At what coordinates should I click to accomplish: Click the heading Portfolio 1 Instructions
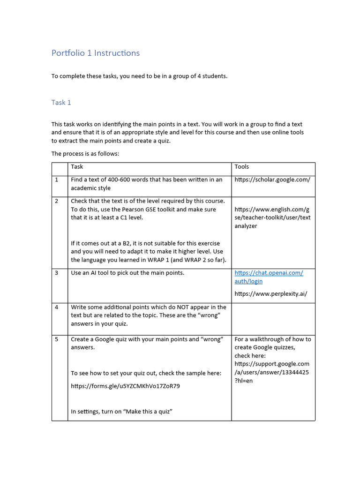[x=96, y=53]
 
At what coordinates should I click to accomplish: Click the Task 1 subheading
[x=61, y=102]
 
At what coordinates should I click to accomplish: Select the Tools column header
[x=242, y=166]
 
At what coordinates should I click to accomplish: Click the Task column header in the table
[x=77, y=166]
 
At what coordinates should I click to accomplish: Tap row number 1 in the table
[x=57, y=180]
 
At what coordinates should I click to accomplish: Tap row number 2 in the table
[x=57, y=201]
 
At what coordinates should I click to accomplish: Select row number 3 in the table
[x=57, y=273]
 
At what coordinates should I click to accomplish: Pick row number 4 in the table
[x=57, y=307]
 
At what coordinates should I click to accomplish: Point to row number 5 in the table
[x=57, y=339]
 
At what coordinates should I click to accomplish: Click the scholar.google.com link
[x=272, y=180]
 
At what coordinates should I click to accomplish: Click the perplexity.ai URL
[x=271, y=294]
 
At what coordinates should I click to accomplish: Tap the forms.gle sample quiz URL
[x=125, y=386]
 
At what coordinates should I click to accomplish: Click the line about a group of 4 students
[x=139, y=76]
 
